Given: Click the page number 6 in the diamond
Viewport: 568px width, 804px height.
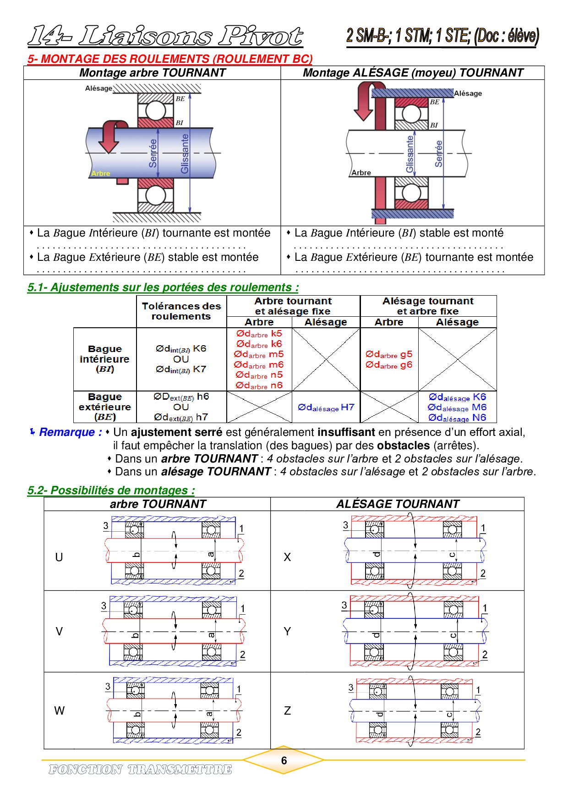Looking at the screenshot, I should (x=284, y=760).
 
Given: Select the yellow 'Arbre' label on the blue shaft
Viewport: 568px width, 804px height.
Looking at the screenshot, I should (x=100, y=173).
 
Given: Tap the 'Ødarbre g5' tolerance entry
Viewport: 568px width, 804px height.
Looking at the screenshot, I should (x=389, y=354).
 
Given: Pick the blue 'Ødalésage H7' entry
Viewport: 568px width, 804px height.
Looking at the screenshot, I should (x=326, y=407).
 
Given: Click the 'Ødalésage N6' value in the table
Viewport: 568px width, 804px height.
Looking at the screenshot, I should (x=457, y=418).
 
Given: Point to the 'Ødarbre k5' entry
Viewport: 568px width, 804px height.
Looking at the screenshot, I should (x=259, y=334).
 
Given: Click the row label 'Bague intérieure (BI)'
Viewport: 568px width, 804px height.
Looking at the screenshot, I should (x=104, y=359).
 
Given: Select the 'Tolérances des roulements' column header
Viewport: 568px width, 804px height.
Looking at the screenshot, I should (x=181, y=311).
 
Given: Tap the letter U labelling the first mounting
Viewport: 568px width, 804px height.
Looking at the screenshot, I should (x=59, y=557).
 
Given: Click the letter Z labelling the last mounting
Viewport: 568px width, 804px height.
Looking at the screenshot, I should (x=287, y=710).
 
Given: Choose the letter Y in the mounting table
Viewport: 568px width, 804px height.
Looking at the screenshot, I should (x=287, y=631).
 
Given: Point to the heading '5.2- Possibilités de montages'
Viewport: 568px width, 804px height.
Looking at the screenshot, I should (x=111, y=490).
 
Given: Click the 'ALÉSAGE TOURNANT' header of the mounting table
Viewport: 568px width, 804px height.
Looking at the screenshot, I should (x=398, y=504).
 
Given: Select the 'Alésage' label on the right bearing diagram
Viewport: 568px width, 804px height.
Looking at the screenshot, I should (x=468, y=94).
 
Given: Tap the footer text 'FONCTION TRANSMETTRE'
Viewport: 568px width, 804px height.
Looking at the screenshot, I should (x=140, y=769).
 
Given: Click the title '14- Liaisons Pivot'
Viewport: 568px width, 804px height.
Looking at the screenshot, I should (x=165, y=36).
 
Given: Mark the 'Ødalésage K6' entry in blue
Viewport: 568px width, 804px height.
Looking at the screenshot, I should (x=457, y=397).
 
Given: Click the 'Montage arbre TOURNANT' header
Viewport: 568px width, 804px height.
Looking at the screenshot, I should (x=153, y=73).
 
